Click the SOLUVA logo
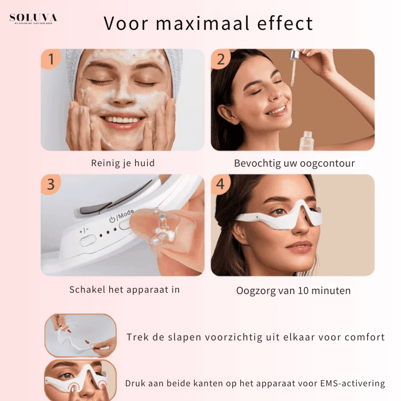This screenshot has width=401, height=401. [x=33, y=19]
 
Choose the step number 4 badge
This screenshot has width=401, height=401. [x=221, y=184]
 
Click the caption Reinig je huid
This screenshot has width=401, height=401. [x=123, y=163]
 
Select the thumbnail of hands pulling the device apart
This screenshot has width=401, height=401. [x=80, y=335]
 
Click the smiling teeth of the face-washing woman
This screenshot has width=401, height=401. [x=123, y=120]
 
